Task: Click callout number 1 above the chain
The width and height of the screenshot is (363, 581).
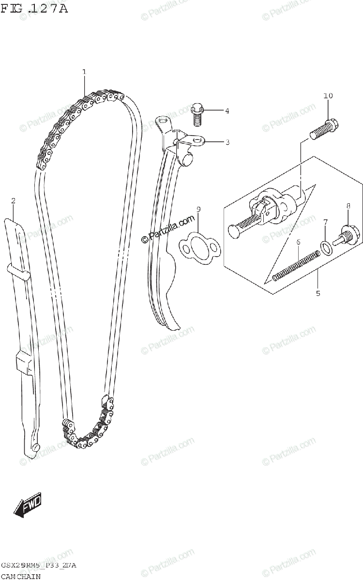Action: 84,72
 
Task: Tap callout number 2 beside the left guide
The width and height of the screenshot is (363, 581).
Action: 13,200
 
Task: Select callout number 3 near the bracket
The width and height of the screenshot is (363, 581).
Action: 227,142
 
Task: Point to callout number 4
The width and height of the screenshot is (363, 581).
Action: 227,111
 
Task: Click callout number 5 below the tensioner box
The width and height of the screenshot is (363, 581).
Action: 318,293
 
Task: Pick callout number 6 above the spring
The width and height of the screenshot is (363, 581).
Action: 298,242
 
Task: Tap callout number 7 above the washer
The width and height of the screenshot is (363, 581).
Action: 325,222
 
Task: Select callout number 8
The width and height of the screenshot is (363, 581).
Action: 348,206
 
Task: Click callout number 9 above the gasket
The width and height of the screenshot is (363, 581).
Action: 198,209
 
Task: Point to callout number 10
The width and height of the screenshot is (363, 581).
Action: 328,96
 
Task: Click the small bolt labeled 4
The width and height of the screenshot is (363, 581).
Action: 197,113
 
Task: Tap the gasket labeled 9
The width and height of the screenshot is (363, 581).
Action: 198,248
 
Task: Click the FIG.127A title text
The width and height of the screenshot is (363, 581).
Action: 34,8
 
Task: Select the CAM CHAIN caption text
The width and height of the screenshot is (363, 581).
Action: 20,576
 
